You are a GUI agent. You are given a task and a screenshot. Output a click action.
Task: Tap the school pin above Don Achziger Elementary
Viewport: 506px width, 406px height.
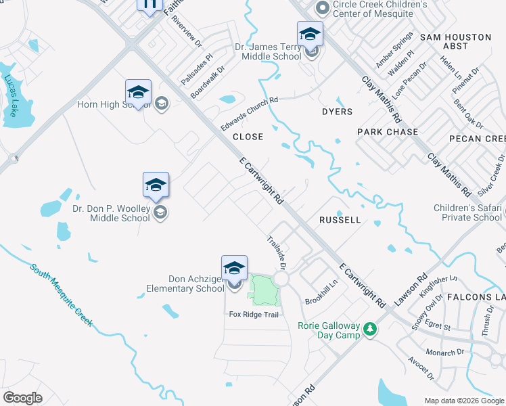tap(234, 268)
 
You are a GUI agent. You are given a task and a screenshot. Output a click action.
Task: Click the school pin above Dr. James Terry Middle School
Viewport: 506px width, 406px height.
tap(310, 34)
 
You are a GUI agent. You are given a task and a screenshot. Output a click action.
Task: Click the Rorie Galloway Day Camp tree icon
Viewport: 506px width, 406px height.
tap(370, 329)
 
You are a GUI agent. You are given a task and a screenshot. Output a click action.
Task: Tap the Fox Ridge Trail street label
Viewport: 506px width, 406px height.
tap(254, 314)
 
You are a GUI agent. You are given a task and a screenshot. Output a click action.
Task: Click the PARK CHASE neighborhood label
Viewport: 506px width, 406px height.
tap(388, 132)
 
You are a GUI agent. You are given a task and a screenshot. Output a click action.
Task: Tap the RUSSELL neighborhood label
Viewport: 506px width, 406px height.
tap(340, 221)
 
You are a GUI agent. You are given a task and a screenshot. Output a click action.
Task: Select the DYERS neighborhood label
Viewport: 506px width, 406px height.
tap(337, 112)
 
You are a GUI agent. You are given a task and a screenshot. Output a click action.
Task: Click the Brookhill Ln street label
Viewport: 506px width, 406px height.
tap(321, 292)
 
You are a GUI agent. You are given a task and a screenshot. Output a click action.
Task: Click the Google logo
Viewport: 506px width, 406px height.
tap(22, 398)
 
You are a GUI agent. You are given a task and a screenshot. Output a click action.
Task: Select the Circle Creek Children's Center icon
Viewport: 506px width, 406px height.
tap(323, 8)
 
